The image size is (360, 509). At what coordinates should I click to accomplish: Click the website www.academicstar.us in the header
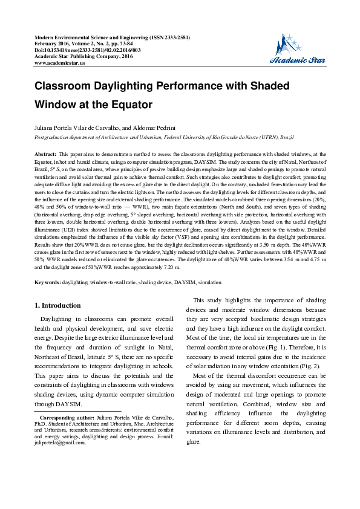[x=60, y=62]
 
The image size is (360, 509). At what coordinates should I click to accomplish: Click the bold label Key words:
[x=48, y=282]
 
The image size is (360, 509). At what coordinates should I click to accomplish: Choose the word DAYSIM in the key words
[x=185, y=282]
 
